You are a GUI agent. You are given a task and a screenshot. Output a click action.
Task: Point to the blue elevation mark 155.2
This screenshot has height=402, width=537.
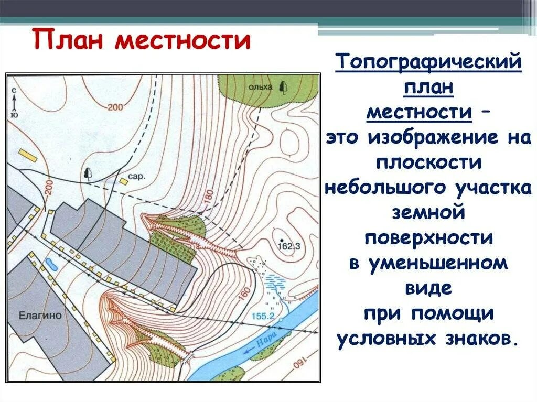264,316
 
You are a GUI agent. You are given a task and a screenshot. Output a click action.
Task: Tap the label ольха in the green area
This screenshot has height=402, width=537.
260,87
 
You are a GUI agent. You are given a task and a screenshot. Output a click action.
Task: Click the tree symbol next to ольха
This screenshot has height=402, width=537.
284,86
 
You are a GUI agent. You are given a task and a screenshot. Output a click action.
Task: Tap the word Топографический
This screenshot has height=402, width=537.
428,63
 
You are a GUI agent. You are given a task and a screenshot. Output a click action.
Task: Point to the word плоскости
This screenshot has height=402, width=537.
428,163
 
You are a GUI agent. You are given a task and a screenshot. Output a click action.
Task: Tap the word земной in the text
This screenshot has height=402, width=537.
428,213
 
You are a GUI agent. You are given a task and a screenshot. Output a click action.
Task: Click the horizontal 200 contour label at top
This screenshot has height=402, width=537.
115,107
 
